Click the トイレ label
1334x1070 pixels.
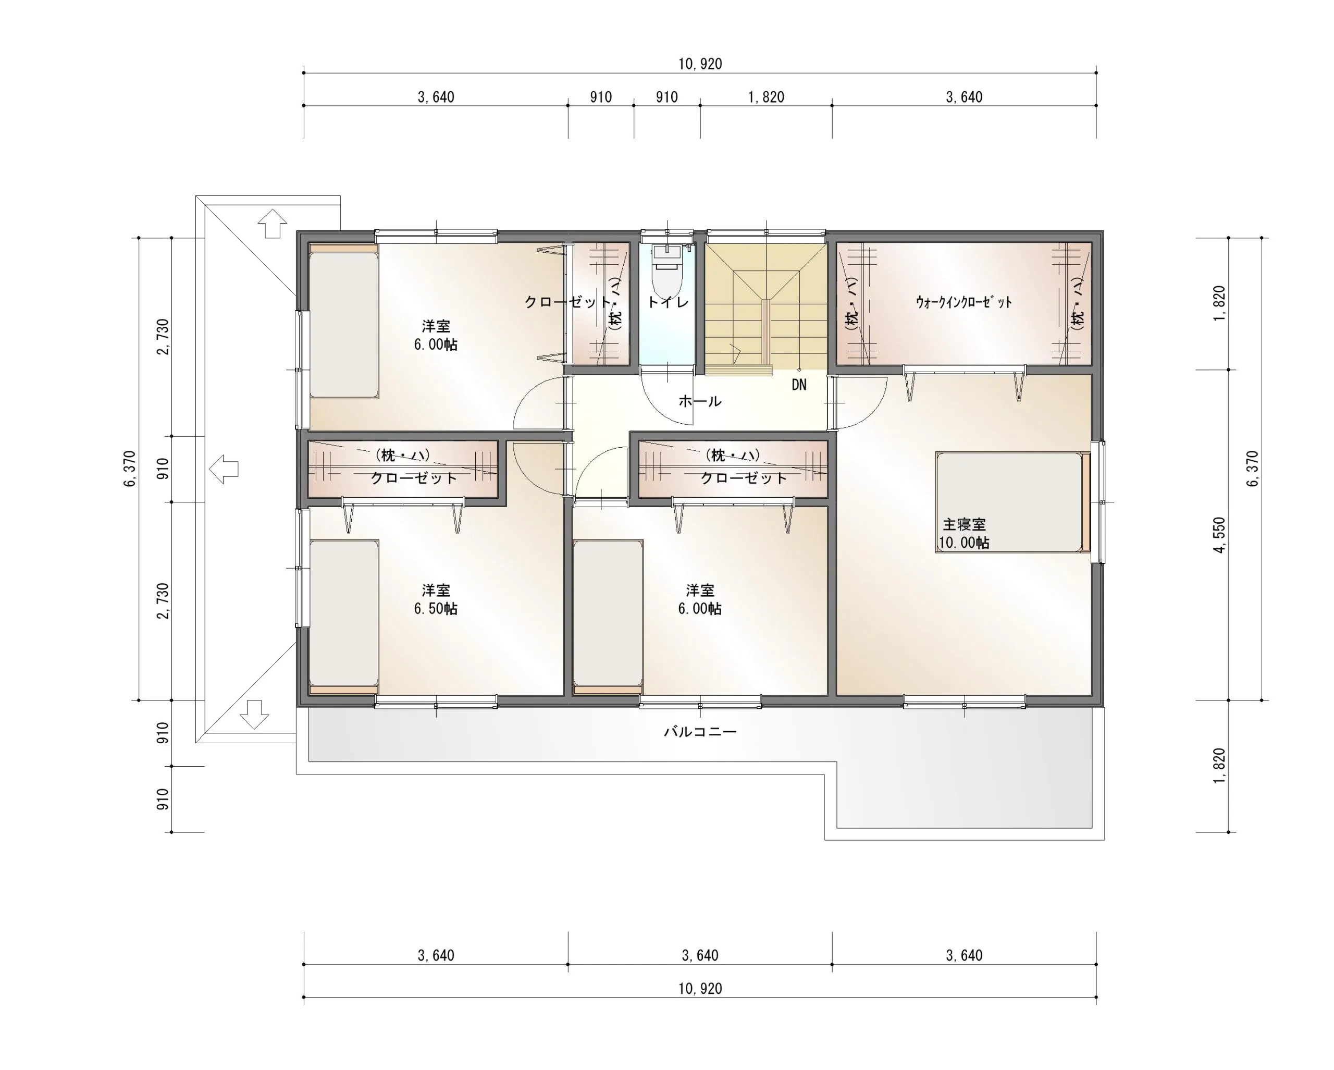pyautogui.click(x=668, y=302)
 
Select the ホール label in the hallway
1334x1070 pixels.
pyautogui.click(x=700, y=401)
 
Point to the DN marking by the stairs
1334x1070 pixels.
pyautogui.click(x=799, y=385)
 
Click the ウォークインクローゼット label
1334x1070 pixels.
pyautogui.click(x=964, y=302)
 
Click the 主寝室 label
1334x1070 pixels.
pyautogui.click(x=964, y=524)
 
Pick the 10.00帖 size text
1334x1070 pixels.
pyautogui.click(x=964, y=543)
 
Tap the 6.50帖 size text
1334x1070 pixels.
pyautogui.click(x=436, y=609)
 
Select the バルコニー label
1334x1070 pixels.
pyautogui.click(x=700, y=731)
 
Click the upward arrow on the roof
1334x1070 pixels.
pyautogui.click(x=271, y=224)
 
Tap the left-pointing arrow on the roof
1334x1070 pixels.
pyautogui.click(x=224, y=469)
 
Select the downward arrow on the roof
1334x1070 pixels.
pyautogui.click(x=254, y=714)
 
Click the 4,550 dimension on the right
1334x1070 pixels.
pyautogui.click(x=1219, y=535)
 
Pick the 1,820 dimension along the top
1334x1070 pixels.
pyautogui.click(x=766, y=97)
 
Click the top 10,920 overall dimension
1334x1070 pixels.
pyautogui.click(x=700, y=64)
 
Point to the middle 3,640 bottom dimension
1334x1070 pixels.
pyautogui.click(x=700, y=955)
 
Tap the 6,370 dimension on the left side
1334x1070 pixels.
pyautogui.click(x=129, y=469)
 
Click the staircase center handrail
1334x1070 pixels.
pyautogui.click(x=767, y=334)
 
